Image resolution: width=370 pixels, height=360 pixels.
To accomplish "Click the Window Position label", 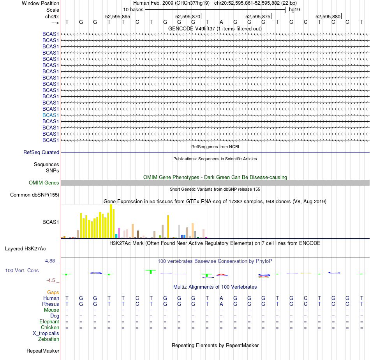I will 41,3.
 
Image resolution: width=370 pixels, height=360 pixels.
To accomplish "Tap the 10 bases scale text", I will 133,9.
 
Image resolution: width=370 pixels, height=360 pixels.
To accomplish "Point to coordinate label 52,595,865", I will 118,16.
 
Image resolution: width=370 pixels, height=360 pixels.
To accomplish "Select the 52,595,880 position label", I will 328,16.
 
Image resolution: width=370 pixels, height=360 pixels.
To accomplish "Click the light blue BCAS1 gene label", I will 51,115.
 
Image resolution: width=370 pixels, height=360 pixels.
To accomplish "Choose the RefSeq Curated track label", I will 41,153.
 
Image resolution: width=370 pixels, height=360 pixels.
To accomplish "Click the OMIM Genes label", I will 44,183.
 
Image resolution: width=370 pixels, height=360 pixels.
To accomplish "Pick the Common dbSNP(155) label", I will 35,195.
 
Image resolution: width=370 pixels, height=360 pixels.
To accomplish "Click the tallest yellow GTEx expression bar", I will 111,221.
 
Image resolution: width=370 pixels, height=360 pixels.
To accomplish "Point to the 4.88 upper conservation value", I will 52,261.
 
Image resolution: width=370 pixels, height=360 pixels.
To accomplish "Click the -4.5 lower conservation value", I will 53,280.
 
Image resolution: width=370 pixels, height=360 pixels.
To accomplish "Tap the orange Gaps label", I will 53,292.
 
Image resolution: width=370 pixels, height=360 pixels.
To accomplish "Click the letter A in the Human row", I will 221,298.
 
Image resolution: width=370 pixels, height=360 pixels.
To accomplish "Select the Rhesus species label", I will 51,304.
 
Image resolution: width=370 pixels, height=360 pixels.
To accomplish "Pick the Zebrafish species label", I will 49,339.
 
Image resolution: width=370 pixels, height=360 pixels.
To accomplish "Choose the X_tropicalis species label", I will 46,333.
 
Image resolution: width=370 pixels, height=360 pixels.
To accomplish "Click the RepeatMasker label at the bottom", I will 43,351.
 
